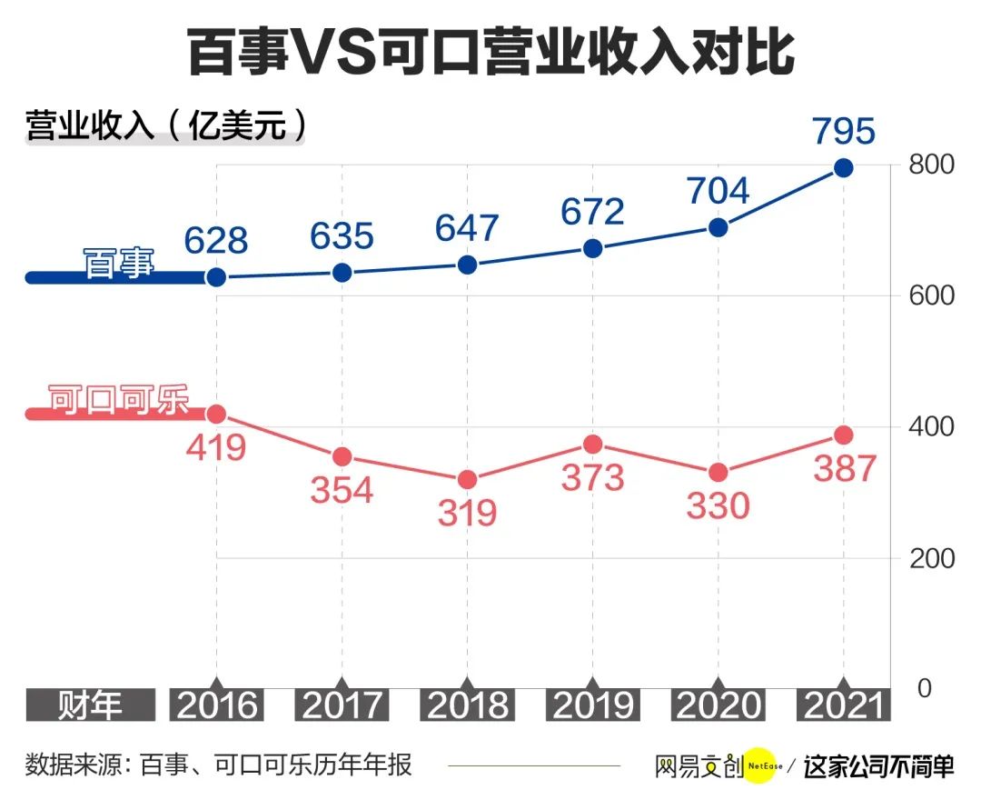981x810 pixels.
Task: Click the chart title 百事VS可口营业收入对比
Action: pos(490,52)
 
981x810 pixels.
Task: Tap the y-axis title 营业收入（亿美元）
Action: pos(165,125)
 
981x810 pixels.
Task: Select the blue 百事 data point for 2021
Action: pos(843,168)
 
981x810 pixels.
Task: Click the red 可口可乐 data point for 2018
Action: pos(467,479)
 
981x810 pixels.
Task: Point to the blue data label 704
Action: pos(717,191)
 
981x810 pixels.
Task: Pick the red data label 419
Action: pos(216,447)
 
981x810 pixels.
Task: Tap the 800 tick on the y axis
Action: pos(932,165)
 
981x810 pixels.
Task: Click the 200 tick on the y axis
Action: pos(932,557)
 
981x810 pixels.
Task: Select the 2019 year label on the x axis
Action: pos(592,705)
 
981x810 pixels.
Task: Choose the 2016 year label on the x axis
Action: pos(216,705)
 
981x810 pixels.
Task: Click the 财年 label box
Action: pos(90,705)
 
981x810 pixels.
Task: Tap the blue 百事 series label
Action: pos(119,264)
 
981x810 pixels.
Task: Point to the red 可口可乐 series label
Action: pos(119,400)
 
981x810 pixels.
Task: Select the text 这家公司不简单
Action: pos(878,765)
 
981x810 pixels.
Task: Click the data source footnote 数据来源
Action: pos(218,765)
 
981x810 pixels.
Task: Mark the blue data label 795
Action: pos(842,131)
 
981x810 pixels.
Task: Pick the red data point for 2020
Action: pos(718,472)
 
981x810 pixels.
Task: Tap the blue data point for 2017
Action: pos(342,273)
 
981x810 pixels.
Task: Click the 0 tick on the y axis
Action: pos(925,688)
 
